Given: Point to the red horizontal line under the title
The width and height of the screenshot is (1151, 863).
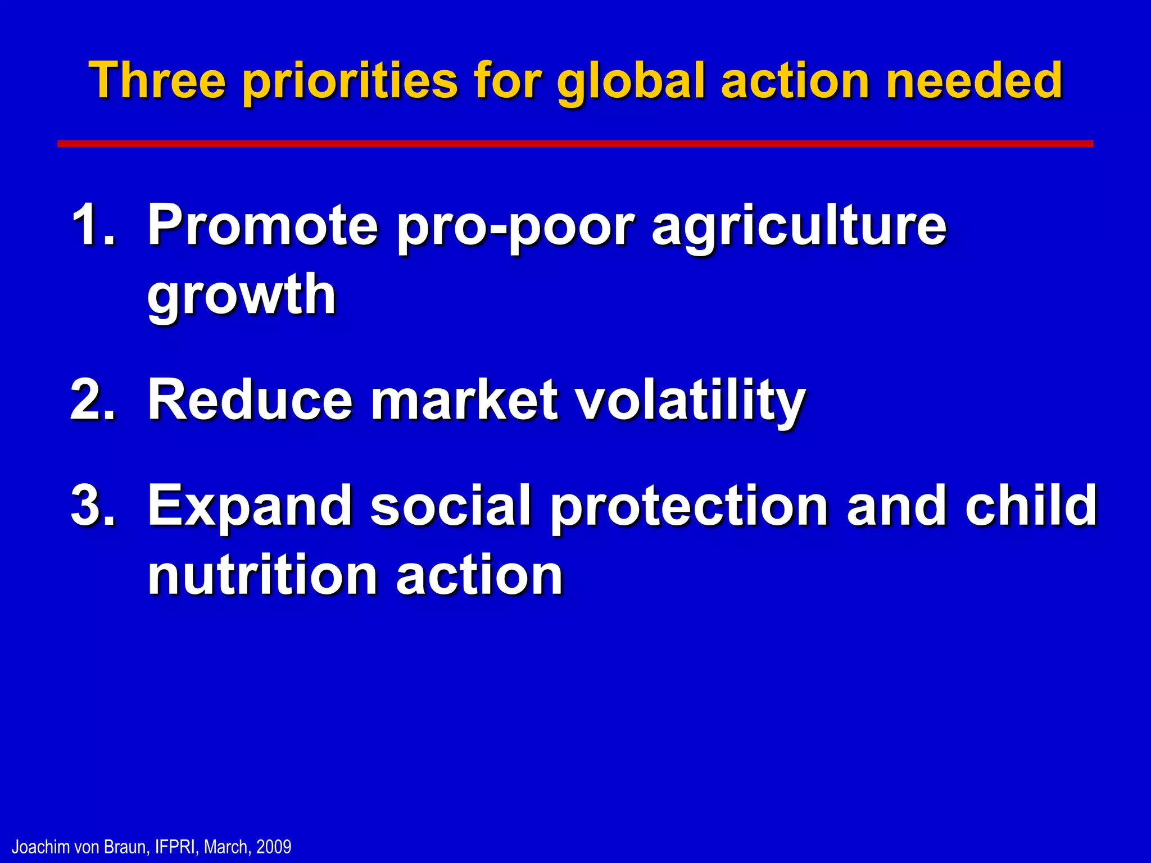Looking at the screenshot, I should [x=575, y=144].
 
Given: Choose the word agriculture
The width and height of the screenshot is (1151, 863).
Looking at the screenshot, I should [x=799, y=228].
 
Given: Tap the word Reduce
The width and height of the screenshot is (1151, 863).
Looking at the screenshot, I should [x=250, y=399].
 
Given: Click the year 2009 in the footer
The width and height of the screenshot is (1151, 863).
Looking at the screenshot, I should [x=274, y=847].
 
